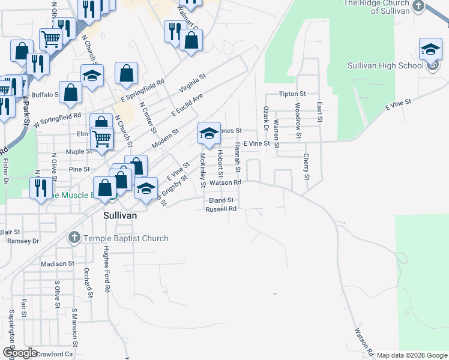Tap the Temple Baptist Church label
pyautogui.click(x=125, y=238)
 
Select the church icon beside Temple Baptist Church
pyautogui.click(x=74, y=238)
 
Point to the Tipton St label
pyautogui.click(x=293, y=94)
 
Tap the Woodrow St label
pyautogui.click(x=298, y=113)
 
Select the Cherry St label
pyautogui.click(x=306, y=167)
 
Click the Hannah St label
pyautogui.click(x=238, y=154)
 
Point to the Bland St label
pyautogui.click(x=220, y=200)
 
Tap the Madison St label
pyautogui.click(x=57, y=263)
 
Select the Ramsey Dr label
pyautogui.click(x=23, y=241)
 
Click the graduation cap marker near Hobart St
pyautogui.click(x=208, y=134)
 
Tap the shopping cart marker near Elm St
pyautogui.click(x=102, y=138)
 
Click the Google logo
pyautogui.click(x=20, y=353)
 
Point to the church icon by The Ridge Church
pyautogui.click(x=419, y=7)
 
